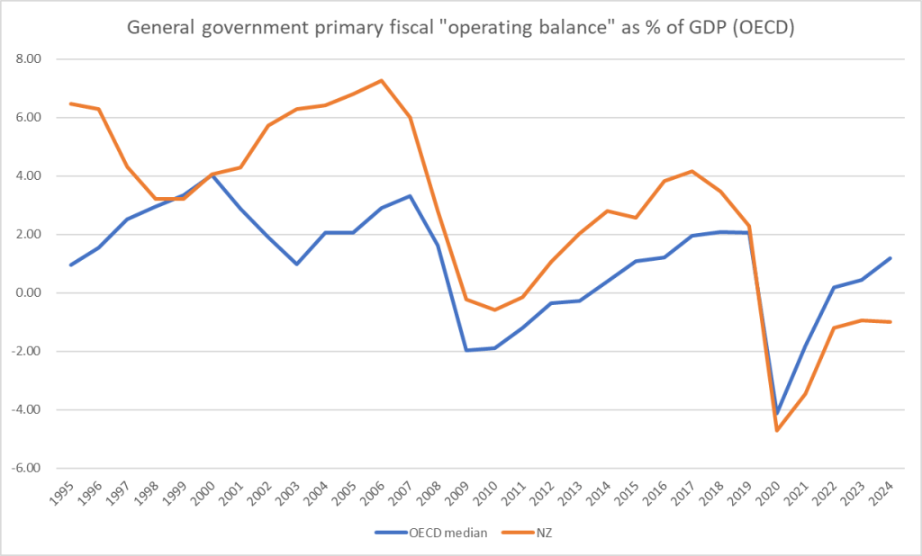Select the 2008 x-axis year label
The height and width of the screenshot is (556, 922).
(x=438, y=493)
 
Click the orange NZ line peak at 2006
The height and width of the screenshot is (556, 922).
(x=382, y=81)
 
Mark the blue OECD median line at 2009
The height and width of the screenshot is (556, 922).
(x=466, y=350)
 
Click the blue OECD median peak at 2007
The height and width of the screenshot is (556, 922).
(x=410, y=196)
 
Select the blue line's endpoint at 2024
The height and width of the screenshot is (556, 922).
(x=890, y=258)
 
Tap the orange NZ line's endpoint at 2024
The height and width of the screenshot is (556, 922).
(x=890, y=322)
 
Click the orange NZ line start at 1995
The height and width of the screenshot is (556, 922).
(x=70, y=103)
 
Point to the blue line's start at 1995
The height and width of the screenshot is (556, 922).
(x=70, y=265)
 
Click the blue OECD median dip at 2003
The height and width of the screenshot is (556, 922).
(x=296, y=264)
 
